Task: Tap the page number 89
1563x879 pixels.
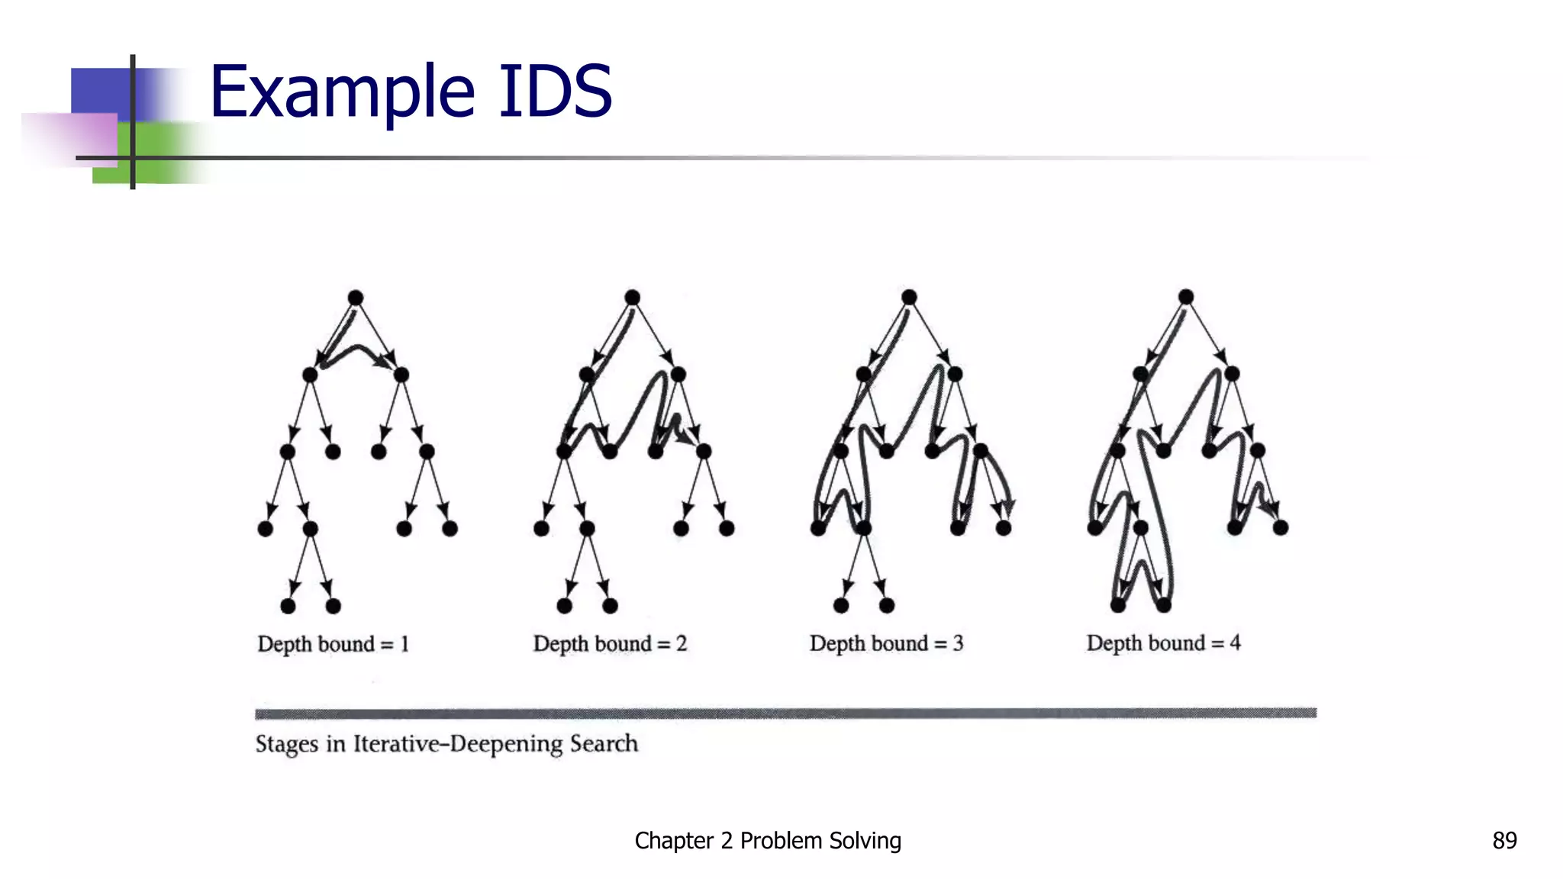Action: (1504, 840)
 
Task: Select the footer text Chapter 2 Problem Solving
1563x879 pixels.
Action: (768, 840)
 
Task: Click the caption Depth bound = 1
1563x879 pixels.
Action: (334, 644)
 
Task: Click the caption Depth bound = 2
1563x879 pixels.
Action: (610, 644)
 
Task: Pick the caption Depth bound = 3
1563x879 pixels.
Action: (886, 643)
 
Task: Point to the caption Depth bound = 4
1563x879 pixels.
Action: (1163, 642)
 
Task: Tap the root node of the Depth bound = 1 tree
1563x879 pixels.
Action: (356, 298)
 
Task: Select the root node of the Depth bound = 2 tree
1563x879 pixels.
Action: (632, 298)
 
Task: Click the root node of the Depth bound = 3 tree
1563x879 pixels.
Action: (909, 297)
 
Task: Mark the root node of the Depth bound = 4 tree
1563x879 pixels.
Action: (1185, 297)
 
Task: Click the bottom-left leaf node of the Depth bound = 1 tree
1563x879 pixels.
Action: (288, 606)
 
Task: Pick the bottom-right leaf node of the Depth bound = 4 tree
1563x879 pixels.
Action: (1163, 605)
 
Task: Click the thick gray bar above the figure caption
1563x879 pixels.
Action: (785, 713)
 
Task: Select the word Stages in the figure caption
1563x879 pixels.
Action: (286, 743)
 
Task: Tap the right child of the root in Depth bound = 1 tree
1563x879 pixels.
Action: (401, 375)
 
